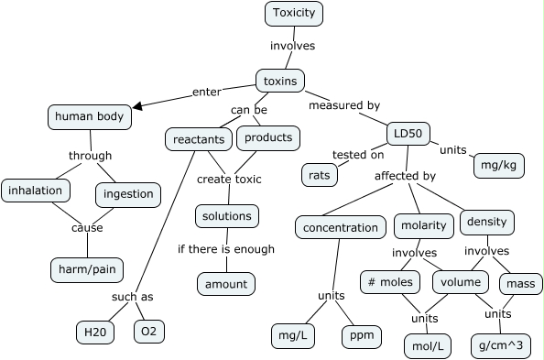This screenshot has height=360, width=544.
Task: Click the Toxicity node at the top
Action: [x=294, y=14]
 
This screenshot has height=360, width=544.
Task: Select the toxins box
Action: [x=279, y=81]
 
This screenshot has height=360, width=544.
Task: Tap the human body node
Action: [x=89, y=116]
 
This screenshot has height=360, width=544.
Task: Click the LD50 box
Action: [x=408, y=133]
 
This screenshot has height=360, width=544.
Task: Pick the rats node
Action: [x=320, y=172]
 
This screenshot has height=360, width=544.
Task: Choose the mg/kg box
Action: [x=499, y=166]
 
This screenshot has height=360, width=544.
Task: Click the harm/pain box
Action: [x=83, y=269]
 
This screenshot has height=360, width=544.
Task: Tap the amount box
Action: [x=225, y=284]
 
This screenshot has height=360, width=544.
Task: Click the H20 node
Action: [x=95, y=332]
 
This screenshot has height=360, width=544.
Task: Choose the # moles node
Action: [x=390, y=281]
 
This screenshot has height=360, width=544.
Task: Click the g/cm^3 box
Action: [x=498, y=344]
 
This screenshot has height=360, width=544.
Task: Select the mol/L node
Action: [x=427, y=346]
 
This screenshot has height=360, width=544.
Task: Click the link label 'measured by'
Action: [x=343, y=105]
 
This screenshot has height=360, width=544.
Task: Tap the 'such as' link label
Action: [x=133, y=298]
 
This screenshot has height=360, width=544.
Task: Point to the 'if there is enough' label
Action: [x=225, y=248]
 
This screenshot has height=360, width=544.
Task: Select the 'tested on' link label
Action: [x=358, y=154]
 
